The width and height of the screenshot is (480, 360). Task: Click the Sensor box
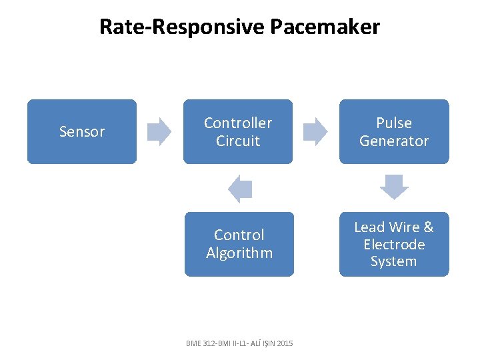(x=81, y=131)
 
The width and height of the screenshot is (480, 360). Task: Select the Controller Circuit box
(x=238, y=131)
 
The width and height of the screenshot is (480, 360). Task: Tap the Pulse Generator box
(x=394, y=131)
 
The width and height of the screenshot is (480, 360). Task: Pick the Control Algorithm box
(x=239, y=244)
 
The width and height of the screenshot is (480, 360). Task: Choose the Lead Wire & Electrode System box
(x=394, y=244)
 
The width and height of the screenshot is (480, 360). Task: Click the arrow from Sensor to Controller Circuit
(x=159, y=131)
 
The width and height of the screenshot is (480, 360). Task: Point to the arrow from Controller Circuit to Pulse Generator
(x=315, y=131)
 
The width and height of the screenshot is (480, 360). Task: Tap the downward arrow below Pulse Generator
(x=394, y=187)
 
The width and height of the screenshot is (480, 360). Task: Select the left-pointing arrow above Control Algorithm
(x=240, y=189)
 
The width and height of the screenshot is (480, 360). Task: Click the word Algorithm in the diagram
(x=239, y=253)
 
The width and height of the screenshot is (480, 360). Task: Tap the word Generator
(x=394, y=141)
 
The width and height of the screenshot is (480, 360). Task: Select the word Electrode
(x=394, y=245)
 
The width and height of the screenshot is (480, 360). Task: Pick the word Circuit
(x=238, y=141)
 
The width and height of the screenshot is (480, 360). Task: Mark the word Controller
(x=238, y=123)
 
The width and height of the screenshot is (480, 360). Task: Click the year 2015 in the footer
(x=283, y=343)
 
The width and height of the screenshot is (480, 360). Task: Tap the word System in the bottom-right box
(x=393, y=261)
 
